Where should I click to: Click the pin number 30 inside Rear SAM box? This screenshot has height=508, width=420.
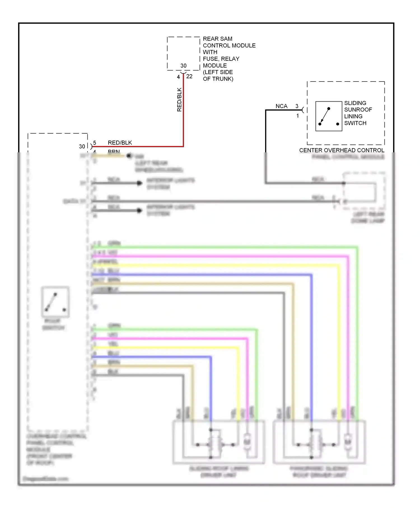pos(183,66)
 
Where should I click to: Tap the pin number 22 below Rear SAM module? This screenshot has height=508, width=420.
pos(189,76)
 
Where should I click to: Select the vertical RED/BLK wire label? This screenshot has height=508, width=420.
pos(179,100)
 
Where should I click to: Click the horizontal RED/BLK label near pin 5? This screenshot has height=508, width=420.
pos(120,143)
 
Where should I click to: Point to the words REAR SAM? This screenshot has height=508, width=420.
pos(217,39)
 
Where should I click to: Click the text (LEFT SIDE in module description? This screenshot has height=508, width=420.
pos(218,72)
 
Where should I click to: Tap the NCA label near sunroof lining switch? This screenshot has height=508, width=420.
pos(281,106)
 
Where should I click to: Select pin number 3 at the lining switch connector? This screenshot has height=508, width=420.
pos(297,106)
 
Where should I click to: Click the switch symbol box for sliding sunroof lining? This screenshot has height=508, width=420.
pos(329,116)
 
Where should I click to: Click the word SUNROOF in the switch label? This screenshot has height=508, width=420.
pos(358,109)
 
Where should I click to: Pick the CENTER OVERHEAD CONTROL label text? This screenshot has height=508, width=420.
pos(342,150)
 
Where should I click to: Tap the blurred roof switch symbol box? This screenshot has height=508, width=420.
pos(55,302)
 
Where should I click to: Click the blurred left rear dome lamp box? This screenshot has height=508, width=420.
pos(364,191)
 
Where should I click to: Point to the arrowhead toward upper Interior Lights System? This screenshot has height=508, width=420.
pos(139,183)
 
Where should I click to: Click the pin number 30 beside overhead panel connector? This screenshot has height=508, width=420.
pos(82,146)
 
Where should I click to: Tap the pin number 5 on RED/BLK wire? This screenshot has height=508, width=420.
pos(95,143)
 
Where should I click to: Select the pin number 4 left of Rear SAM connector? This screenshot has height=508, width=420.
pos(178,77)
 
